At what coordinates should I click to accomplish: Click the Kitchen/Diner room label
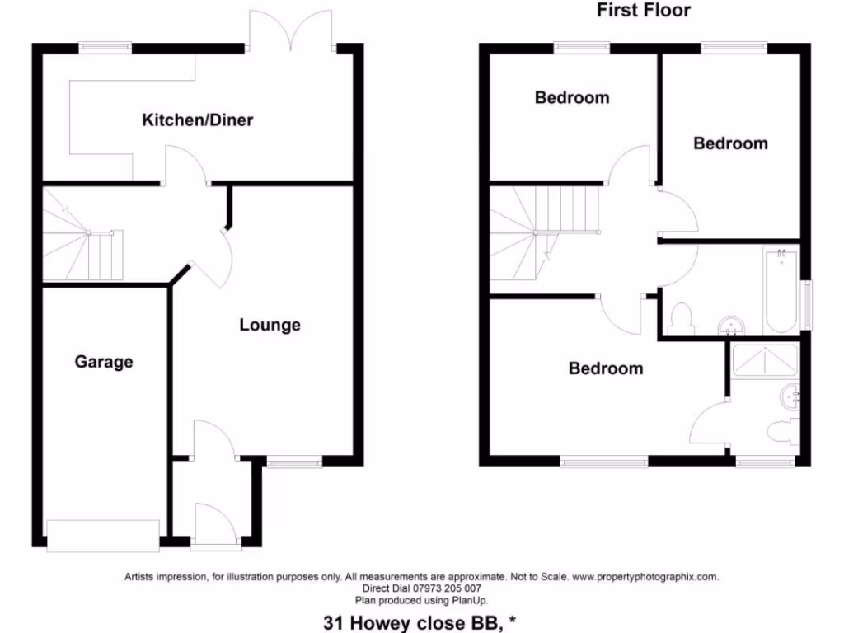198,120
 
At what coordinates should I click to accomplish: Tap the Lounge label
270,325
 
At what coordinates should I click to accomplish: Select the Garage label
104,361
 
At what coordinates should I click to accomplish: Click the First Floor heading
644,11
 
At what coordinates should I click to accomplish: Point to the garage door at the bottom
103,536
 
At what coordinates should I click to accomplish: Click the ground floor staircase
82,239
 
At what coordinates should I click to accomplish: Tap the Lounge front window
294,463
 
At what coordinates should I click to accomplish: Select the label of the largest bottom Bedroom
606,368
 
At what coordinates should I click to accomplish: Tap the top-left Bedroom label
572,97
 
